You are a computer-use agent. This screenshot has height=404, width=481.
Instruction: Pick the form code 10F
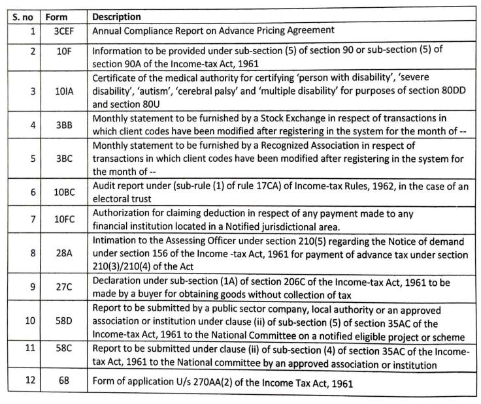click(x=64, y=53)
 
